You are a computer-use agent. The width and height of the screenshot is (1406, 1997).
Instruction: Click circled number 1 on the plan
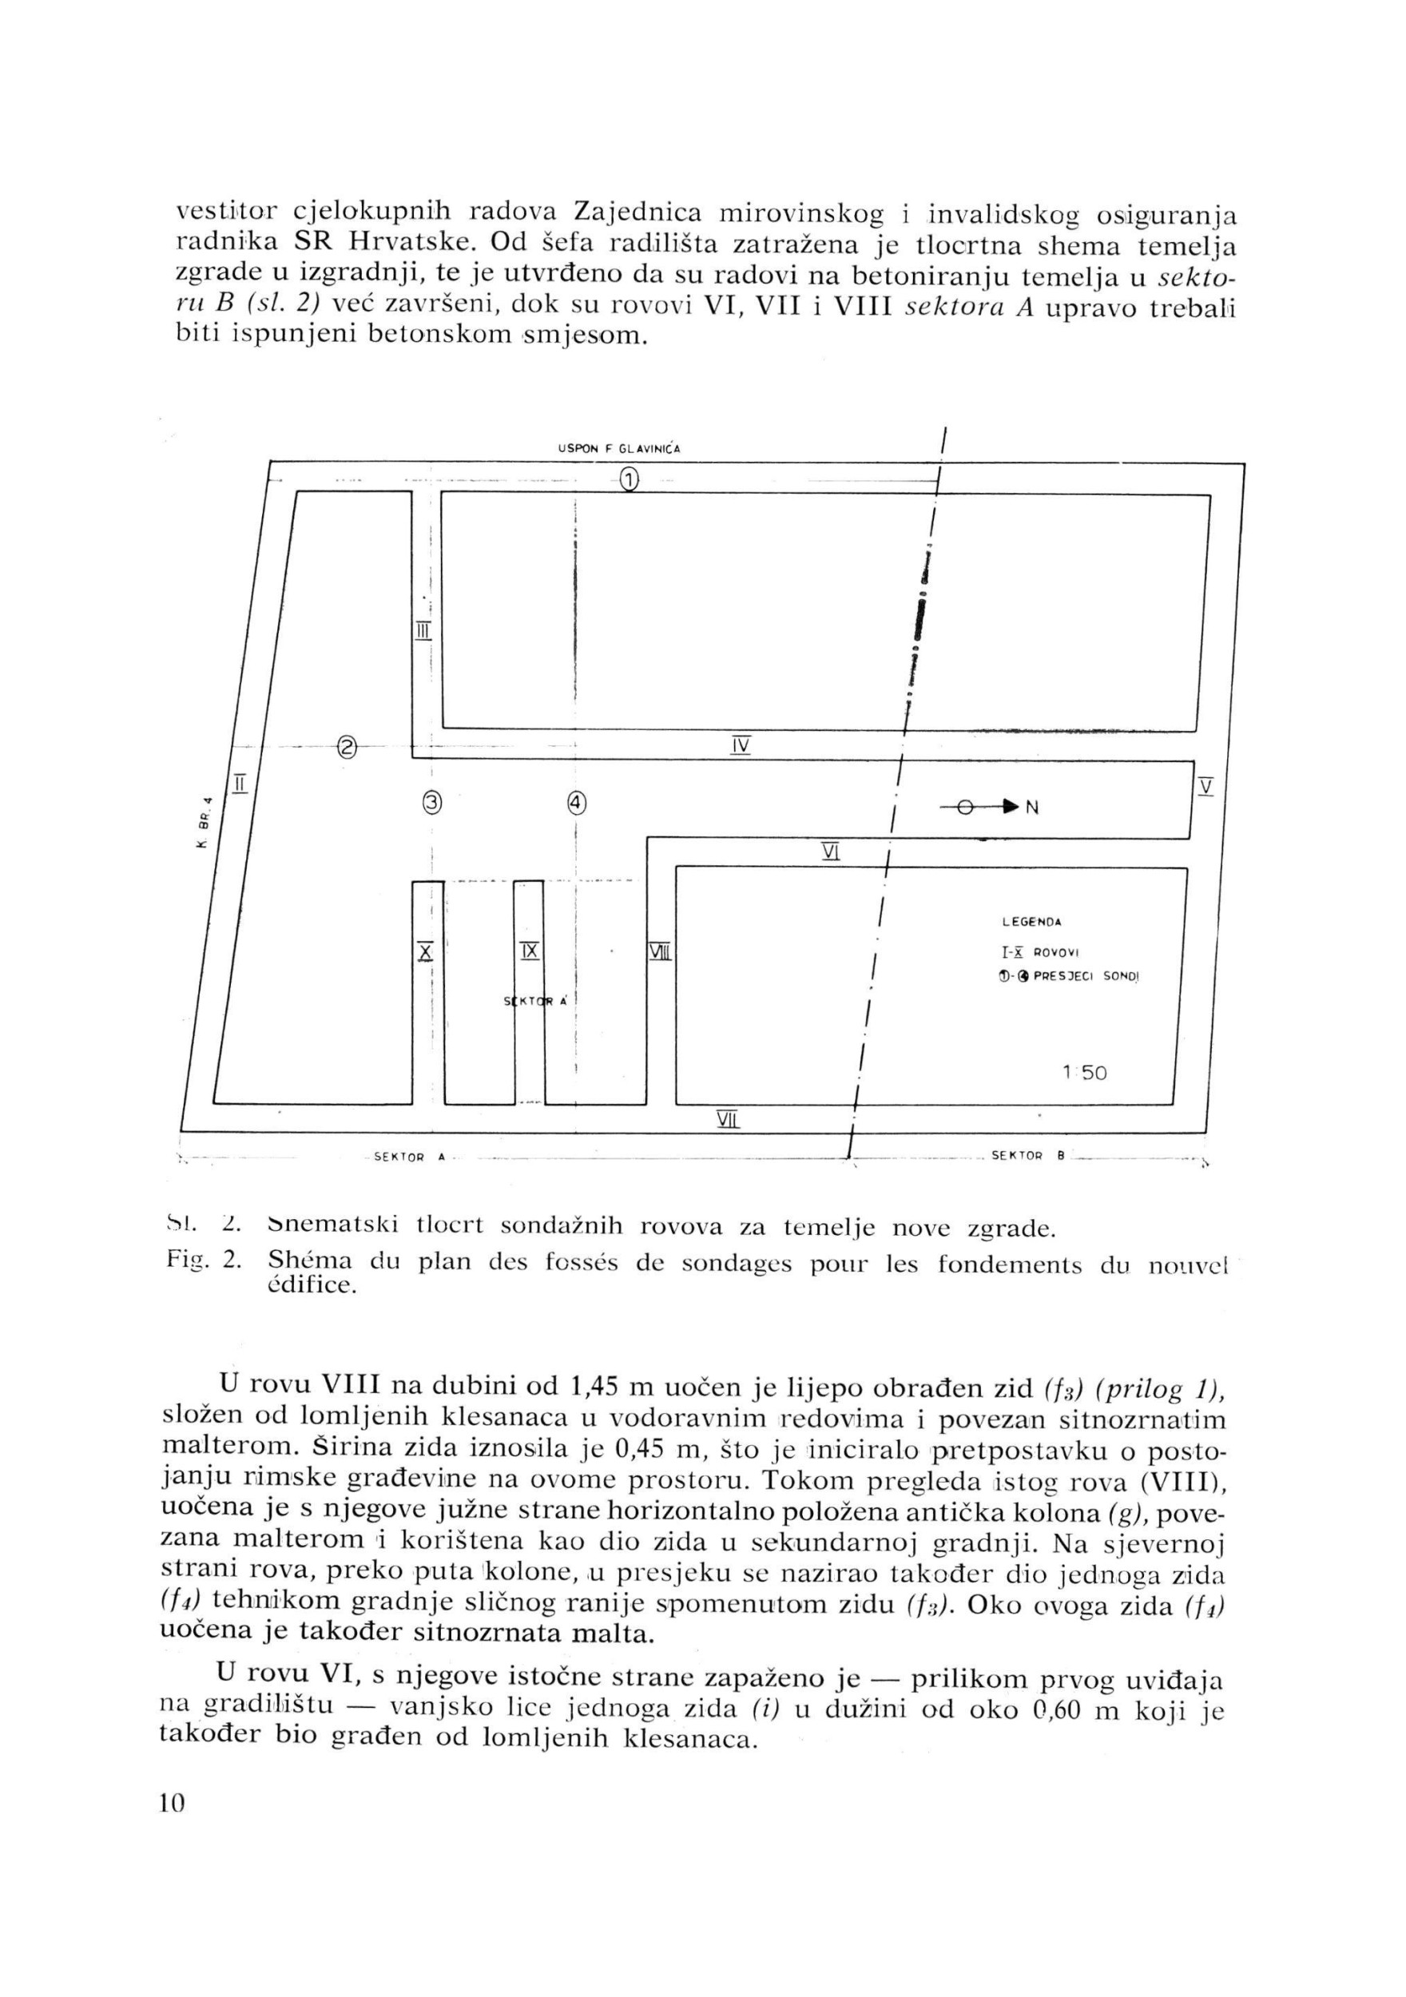coord(628,478)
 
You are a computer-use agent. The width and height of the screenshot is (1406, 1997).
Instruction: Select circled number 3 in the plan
coord(431,803)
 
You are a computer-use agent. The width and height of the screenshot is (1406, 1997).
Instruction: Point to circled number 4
coord(576,803)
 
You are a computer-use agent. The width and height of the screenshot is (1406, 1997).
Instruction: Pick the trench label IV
coord(741,745)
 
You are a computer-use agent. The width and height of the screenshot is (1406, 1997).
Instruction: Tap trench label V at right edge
coord(1205,785)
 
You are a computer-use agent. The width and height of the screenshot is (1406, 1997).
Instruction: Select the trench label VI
coord(829,852)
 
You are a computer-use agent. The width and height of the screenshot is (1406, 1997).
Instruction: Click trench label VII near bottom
coord(726,1119)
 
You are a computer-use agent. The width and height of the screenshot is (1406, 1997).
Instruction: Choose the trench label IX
coord(529,951)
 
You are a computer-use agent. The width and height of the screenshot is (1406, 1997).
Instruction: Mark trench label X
coord(424,951)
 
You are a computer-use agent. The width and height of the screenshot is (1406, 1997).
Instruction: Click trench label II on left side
coord(240,783)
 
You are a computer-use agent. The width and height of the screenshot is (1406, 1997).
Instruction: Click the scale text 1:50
coord(1084,1074)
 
